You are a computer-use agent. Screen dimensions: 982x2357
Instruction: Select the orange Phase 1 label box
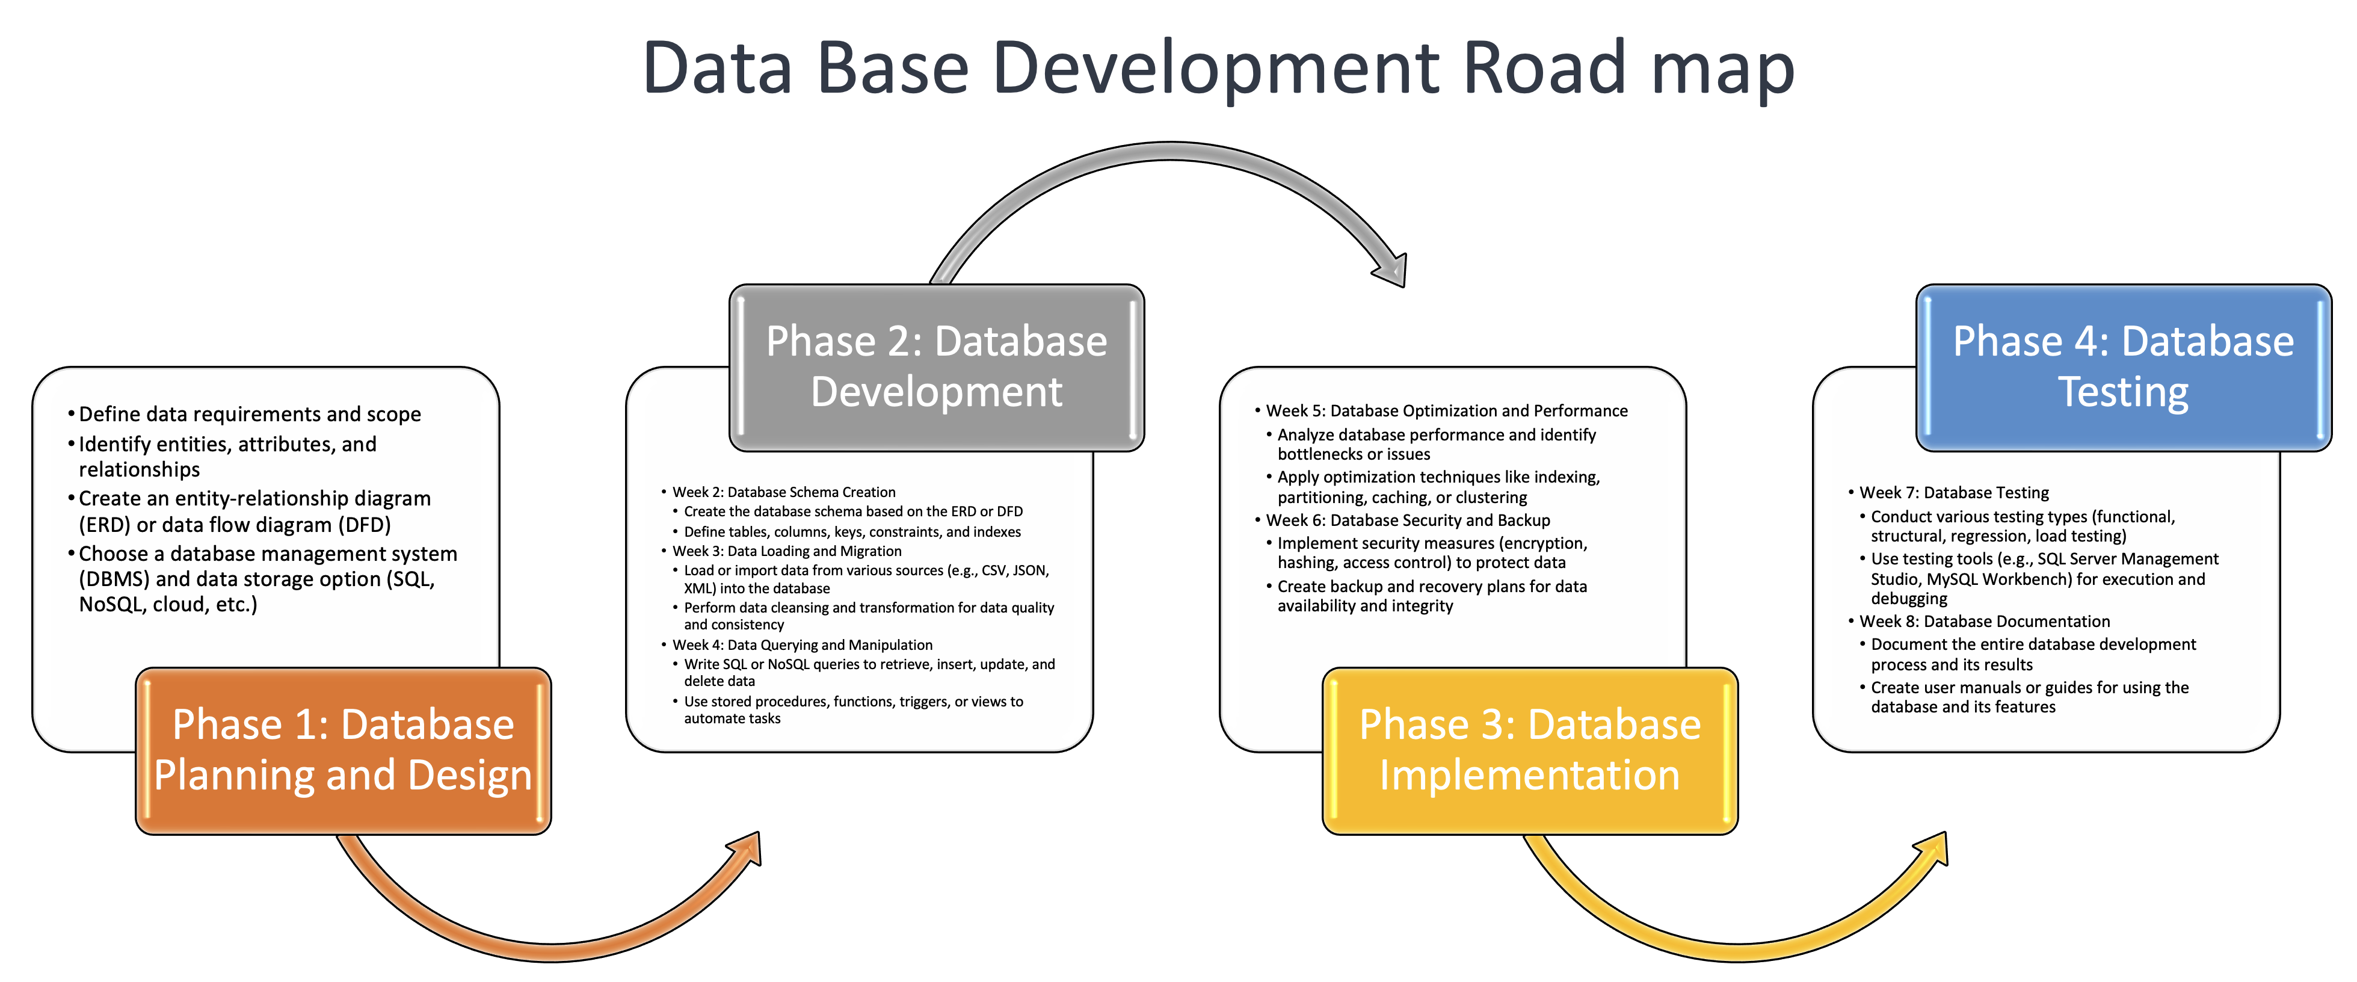tap(343, 750)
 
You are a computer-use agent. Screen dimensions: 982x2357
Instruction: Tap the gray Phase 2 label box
tap(936, 366)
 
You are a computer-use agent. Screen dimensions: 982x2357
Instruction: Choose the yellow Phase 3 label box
tap(1529, 750)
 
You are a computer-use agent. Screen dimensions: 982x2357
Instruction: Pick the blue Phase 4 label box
tap(2123, 366)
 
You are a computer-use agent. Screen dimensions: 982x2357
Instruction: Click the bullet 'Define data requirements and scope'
tap(249, 415)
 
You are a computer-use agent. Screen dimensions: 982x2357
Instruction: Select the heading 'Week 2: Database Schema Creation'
tap(783, 492)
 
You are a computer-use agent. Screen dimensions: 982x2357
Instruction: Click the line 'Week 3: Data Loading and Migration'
tap(787, 551)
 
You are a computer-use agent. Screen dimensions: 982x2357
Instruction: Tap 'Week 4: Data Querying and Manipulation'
tap(803, 645)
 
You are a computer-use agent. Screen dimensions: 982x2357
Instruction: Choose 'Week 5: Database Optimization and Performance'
tap(1447, 411)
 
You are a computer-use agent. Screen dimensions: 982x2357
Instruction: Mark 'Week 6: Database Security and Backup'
tap(1407, 520)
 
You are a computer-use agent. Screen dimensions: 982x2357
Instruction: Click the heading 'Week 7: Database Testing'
tap(1953, 492)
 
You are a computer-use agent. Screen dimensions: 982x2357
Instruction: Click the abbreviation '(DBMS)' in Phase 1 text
tap(114, 579)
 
